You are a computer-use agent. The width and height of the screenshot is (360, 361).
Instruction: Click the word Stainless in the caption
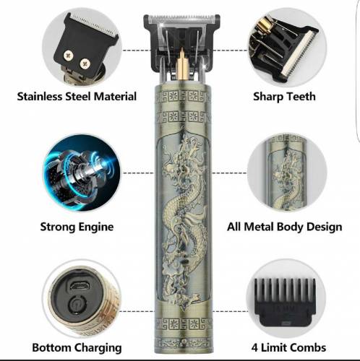40,97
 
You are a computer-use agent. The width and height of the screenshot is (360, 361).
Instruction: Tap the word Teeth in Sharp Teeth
301,97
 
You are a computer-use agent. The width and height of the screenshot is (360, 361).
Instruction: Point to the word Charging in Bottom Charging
98,348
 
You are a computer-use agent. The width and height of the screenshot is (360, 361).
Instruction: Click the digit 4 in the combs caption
254,348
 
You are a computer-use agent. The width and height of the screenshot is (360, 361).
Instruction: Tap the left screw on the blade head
69,56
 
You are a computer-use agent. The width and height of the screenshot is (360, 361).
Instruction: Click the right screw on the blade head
85,64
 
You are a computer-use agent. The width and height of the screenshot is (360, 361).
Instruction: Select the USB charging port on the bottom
80,285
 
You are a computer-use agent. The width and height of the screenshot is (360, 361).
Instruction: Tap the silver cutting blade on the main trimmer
181,19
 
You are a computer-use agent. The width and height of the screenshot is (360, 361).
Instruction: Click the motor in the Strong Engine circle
81,173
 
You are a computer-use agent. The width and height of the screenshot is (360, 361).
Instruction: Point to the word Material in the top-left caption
115,97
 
